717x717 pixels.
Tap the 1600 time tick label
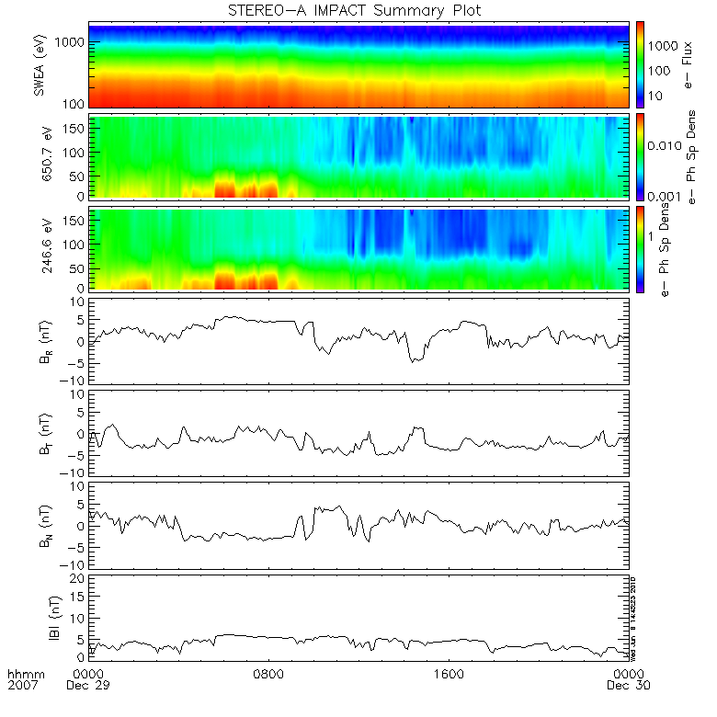[x=448, y=673]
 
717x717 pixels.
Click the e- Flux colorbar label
[x=687, y=65]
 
